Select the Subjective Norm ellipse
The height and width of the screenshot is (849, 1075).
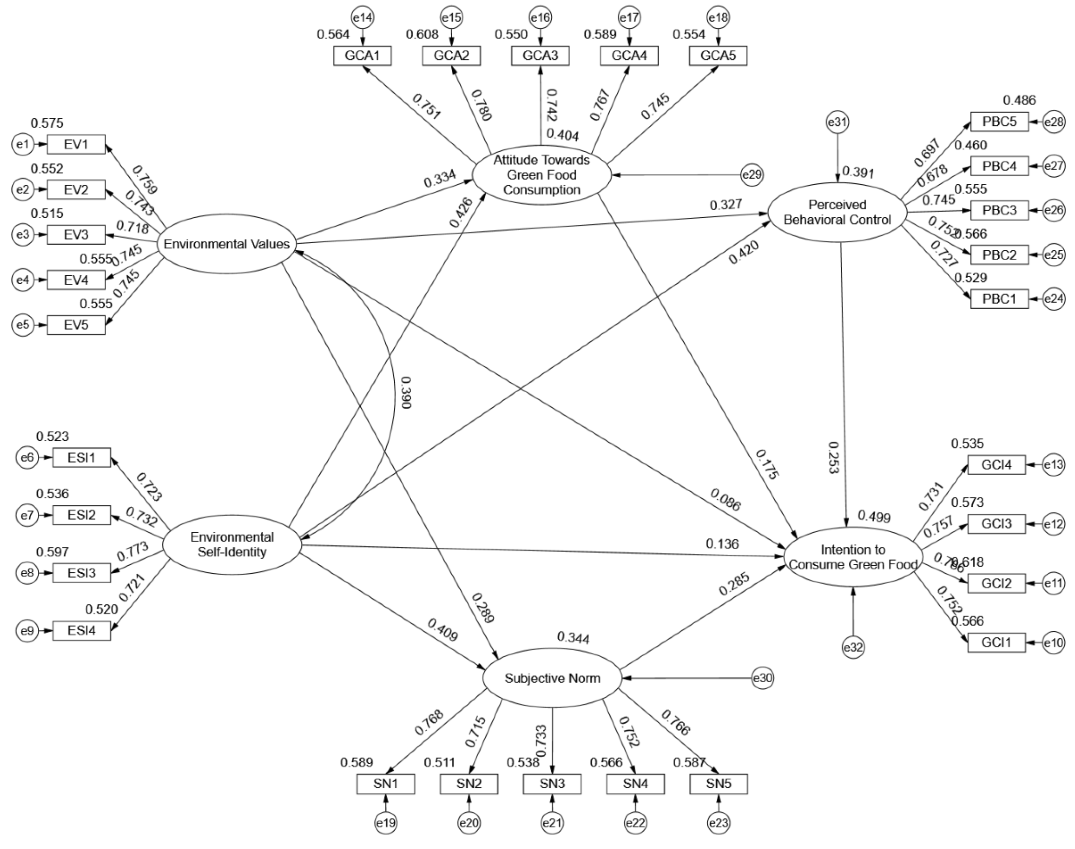pyautogui.click(x=552, y=678)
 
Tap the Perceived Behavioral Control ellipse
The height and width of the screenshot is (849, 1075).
pyautogui.click(x=837, y=212)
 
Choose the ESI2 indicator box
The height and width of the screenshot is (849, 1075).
pyautogui.click(x=81, y=515)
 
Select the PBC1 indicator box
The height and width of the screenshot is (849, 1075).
pyautogui.click(x=1000, y=299)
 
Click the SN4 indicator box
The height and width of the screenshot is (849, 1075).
pyautogui.click(x=635, y=784)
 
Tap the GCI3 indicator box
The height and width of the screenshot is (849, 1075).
pyautogui.click(x=996, y=524)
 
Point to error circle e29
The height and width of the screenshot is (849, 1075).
pyautogui.click(x=752, y=175)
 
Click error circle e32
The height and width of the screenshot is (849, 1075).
pyautogui.click(x=853, y=647)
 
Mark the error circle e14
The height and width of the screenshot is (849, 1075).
pyautogui.click(x=363, y=18)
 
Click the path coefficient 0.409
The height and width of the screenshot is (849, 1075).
pyautogui.click(x=442, y=629)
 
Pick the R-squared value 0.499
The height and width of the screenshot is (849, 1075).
pyautogui.click(x=874, y=517)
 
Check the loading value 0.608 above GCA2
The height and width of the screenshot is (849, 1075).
pyautogui.click(x=422, y=35)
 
